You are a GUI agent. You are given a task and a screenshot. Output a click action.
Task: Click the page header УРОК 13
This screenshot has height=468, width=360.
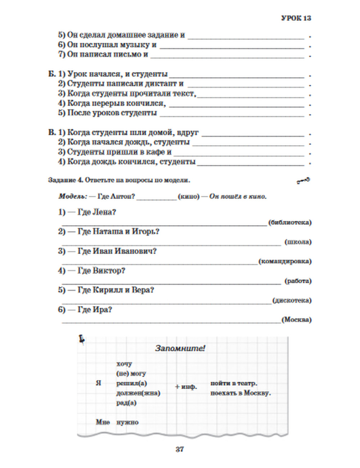click(x=296, y=18)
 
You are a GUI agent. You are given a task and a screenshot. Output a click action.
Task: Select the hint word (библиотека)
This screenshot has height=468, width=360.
click(x=290, y=222)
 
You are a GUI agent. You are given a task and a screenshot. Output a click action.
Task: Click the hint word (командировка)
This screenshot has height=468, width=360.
click(x=285, y=261)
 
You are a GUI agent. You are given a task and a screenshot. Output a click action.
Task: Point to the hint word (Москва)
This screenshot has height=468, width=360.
click(x=296, y=320)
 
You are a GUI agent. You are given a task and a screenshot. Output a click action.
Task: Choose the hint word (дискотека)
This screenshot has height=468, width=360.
click(x=292, y=300)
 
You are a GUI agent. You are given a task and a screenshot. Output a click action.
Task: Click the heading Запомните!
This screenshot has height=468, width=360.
click(x=180, y=348)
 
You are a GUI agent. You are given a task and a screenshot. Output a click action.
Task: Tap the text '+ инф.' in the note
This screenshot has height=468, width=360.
click(x=186, y=387)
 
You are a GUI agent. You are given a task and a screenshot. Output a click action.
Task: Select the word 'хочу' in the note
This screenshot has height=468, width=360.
click(x=124, y=364)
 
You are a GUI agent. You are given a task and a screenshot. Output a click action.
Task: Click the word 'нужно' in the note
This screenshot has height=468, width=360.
click(x=127, y=422)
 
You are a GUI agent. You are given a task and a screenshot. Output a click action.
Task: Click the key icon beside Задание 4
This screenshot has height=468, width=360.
click(x=303, y=181)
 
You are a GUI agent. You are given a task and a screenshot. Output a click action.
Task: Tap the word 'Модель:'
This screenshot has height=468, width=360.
click(x=72, y=197)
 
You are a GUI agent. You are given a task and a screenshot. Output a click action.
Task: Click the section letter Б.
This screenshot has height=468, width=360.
click(x=52, y=74)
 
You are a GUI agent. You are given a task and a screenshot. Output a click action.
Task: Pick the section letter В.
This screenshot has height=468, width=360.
click(x=52, y=132)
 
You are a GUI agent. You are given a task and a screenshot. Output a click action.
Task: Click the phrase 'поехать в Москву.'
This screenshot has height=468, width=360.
click(x=240, y=393)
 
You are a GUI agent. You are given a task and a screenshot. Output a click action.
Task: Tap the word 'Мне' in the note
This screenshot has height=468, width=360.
click(x=103, y=422)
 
